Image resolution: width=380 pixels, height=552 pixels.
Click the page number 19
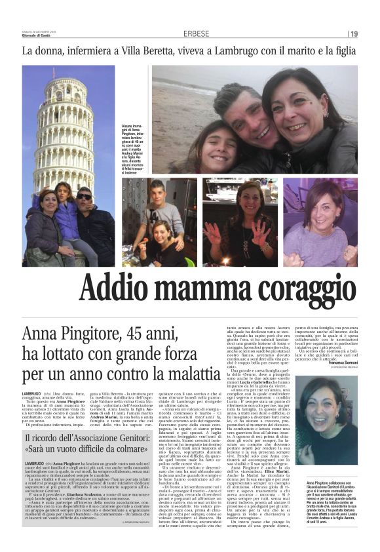(x=354, y=34)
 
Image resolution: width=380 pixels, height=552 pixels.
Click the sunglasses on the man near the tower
(x=85, y=196)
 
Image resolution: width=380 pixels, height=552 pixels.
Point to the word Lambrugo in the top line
(x=254, y=51)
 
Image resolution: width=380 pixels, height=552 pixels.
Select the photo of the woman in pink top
(x=329, y=222)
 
